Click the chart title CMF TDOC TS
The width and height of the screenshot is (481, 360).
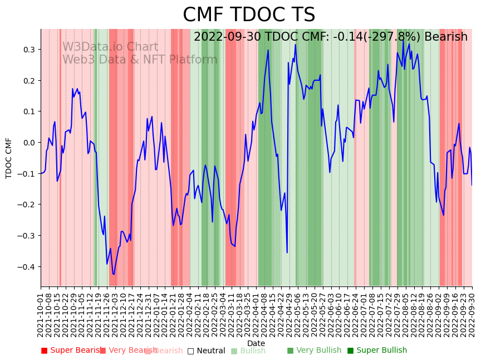coord(249,15)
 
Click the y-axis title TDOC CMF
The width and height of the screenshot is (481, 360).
coord(9,158)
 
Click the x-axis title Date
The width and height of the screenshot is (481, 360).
coord(256,343)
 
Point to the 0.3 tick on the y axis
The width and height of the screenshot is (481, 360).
coord(28,50)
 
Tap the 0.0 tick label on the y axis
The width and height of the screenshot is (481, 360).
coord(28,143)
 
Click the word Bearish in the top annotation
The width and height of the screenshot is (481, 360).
coord(446,37)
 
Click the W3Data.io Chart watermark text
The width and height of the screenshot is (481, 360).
coord(110,47)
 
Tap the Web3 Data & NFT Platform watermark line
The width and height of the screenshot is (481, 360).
coord(140,60)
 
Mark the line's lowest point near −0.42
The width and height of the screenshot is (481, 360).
coord(114,274)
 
